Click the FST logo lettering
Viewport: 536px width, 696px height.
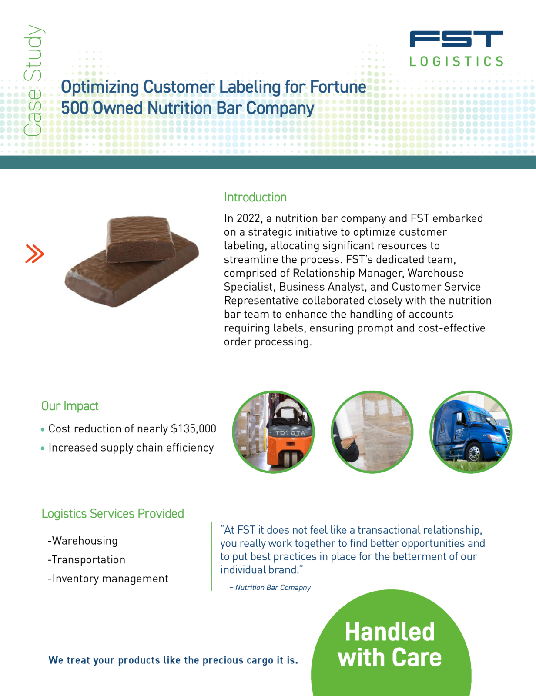[456, 39]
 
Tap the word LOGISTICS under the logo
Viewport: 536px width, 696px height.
[456, 62]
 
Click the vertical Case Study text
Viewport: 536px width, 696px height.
[33, 80]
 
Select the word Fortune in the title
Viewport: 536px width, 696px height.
[338, 87]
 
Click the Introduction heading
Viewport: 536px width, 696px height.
[255, 197]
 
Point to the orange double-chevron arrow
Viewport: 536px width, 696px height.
[35, 254]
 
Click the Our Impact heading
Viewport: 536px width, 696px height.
[70, 406]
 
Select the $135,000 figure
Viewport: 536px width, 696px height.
[194, 429]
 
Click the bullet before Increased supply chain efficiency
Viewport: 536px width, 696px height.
[43, 448]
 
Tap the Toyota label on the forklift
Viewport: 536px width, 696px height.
[290, 433]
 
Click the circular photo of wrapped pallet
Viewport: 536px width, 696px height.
[372, 432]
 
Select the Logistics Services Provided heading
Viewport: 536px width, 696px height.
[113, 514]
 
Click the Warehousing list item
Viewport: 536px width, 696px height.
[83, 541]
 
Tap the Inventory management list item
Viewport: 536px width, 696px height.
[108, 579]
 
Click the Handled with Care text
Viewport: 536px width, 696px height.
[390, 645]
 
